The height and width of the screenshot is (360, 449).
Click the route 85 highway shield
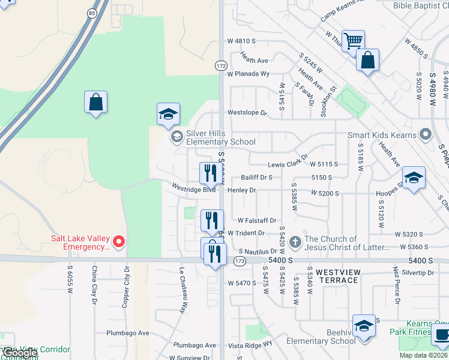tap(91, 12)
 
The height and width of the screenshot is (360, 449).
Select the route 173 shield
tap(240, 260)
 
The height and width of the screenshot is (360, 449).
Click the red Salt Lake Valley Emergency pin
tap(118, 242)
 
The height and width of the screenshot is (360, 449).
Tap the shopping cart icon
tap(353, 40)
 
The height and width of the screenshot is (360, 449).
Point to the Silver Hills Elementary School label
tap(220, 137)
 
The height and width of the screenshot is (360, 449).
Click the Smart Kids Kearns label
tap(382, 135)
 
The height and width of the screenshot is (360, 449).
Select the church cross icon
tap(294, 242)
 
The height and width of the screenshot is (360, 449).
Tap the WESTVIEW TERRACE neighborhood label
tap(338, 277)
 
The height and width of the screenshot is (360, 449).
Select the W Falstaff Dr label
tap(256, 221)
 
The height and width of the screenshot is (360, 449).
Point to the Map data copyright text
tap(424, 355)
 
